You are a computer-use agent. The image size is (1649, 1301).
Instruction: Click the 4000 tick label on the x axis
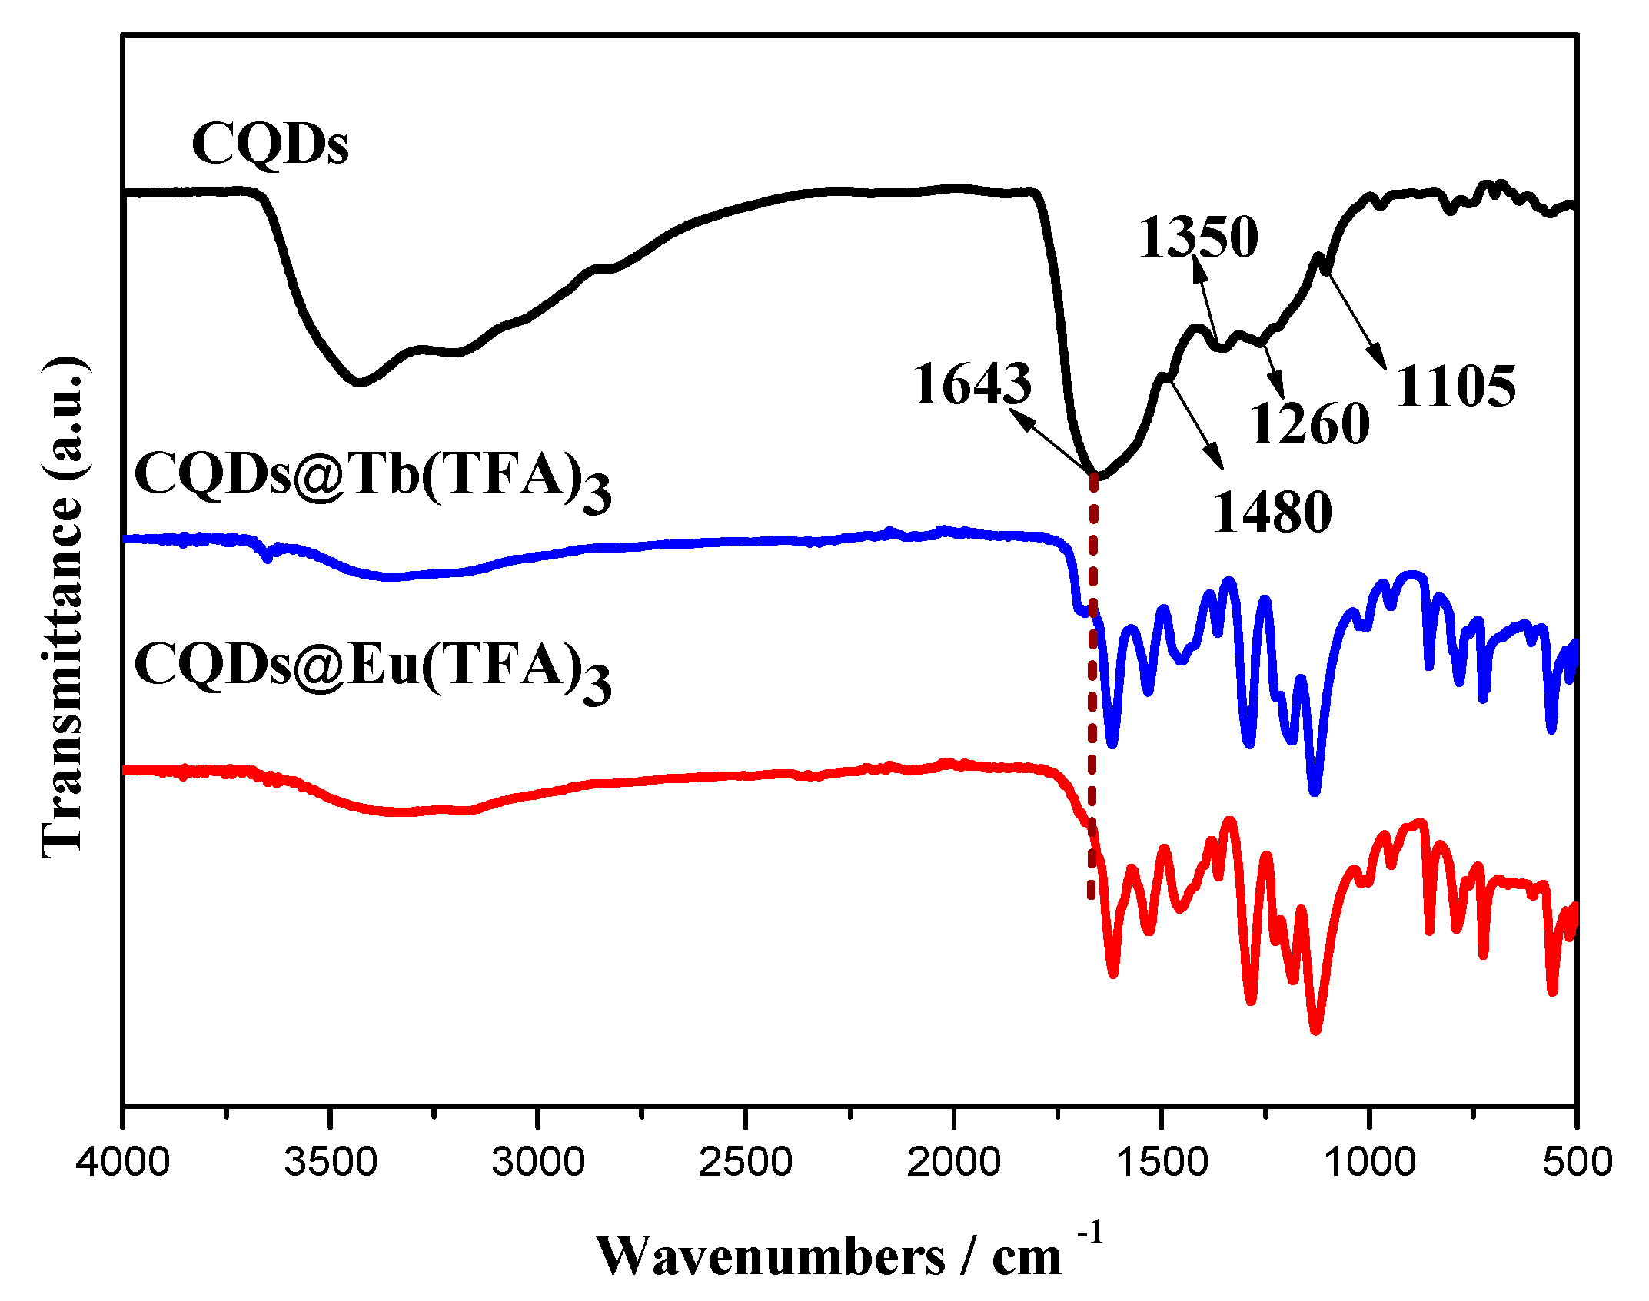pos(123,1161)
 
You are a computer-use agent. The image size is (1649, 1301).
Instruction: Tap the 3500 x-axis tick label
pos(331,1161)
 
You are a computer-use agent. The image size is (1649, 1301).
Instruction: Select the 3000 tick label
pos(538,1161)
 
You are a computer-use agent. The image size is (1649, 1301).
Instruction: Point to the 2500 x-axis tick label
pos(746,1161)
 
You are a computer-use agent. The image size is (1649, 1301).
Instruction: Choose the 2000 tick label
pos(953,1161)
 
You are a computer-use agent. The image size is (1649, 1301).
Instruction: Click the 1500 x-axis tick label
pos(1162,1161)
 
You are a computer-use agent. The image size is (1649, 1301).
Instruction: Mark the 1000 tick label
pos(1369,1161)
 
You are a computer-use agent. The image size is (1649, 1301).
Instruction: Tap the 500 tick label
pos(1577,1161)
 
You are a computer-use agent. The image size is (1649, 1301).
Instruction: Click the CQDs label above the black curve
pos(270,144)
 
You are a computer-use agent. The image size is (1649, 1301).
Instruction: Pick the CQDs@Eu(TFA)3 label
pos(372,669)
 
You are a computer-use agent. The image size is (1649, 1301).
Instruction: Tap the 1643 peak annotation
pos(972,383)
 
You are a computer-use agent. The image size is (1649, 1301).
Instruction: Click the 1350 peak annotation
pos(1198,236)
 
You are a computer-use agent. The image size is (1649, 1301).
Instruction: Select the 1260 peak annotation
pos(1308,423)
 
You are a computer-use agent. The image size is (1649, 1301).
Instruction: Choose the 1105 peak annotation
pos(1455,386)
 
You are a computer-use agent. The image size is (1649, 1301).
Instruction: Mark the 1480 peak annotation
pos(1272,512)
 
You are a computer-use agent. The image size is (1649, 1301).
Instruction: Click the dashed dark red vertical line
pos(1092,692)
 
